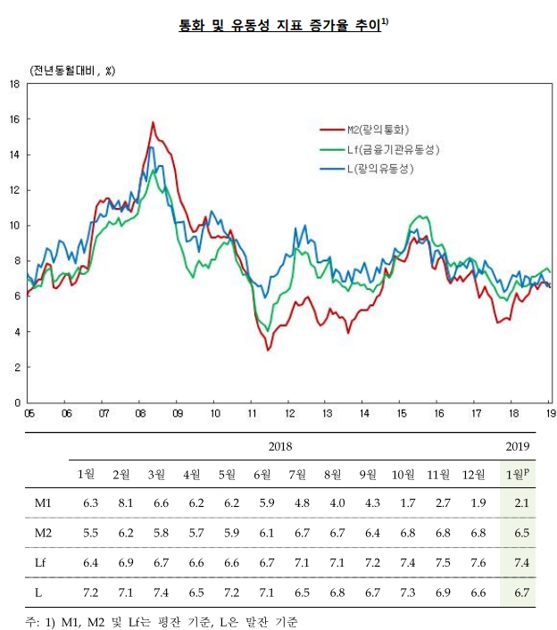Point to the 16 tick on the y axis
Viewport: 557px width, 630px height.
pos(14,119)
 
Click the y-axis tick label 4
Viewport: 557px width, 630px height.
pos(17,332)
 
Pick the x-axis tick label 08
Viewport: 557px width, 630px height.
pos(140,413)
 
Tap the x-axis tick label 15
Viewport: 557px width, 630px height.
pos(402,413)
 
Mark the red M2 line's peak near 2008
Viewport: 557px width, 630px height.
pos(153,122)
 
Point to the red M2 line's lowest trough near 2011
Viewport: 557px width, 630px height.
pos(268,350)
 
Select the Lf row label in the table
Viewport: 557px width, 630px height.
pos(43,562)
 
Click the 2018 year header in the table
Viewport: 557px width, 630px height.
pos(279,446)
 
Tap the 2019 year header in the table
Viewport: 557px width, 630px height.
pos(518,446)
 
